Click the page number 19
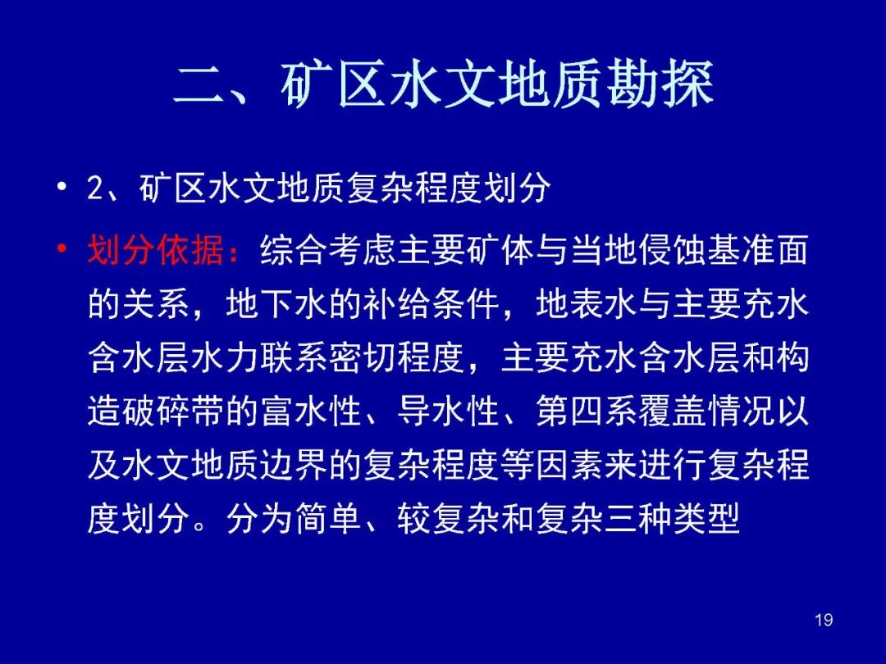[x=824, y=620]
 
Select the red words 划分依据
[x=155, y=249]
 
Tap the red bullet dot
[x=62, y=248]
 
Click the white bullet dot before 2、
[x=62, y=186]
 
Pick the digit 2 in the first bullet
[x=95, y=188]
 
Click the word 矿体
[x=500, y=249]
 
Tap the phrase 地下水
[x=276, y=304]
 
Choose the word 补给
[x=396, y=304]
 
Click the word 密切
[x=362, y=357]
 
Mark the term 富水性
[x=311, y=411]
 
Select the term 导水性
[x=448, y=411]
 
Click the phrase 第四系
[x=586, y=411]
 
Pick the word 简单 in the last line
[x=327, y=518]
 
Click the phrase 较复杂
[x=448, y=518]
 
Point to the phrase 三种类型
[x=672, y=518]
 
